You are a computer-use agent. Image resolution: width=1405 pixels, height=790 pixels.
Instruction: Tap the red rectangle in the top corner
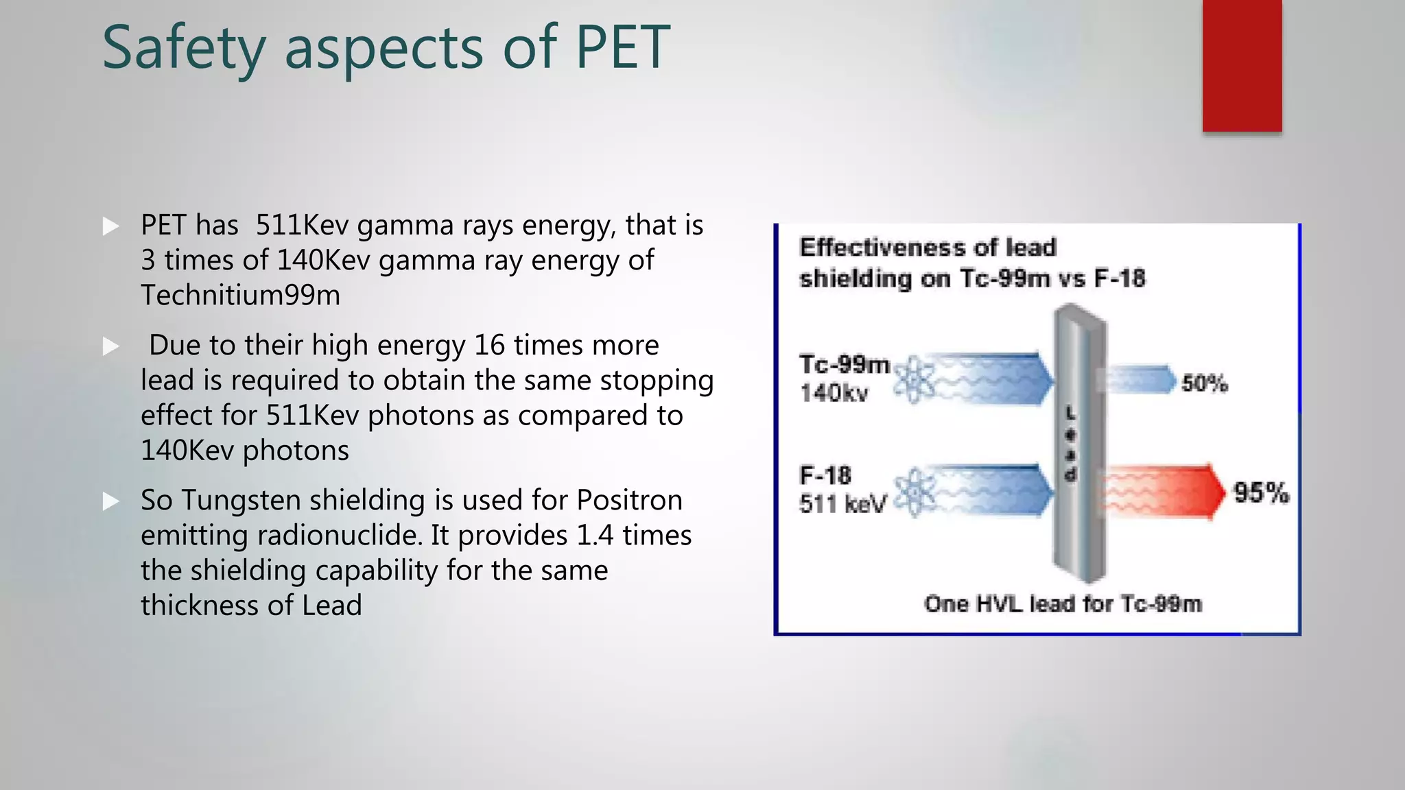pyautogui.click(x=1242, y=65)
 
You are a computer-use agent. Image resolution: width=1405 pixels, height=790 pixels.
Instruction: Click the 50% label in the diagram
pyautogui.click(x=1205, y=383)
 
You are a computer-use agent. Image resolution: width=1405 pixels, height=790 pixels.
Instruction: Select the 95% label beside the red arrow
pyautogui.click(x=1261, y=493)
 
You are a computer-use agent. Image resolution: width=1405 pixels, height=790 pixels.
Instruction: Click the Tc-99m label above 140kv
pyautogui.click(x=845, y=364)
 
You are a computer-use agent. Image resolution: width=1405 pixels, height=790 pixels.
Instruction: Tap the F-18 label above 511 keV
pyautogui.click(x=825, y=475)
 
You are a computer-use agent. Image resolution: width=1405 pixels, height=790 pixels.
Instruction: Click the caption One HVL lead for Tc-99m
pyautogui.click(x=1063, y=604)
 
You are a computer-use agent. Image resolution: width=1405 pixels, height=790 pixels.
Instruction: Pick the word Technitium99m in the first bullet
pyautogui.click(x=240, y=296)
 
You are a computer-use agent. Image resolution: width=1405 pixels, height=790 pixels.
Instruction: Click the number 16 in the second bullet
pyautogui.click(x=489, y=345)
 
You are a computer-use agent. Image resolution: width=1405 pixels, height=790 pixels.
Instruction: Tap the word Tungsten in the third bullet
pyautogui.click(x=241, y=501)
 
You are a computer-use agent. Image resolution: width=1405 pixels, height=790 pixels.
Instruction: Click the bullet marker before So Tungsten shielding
pyautogui.click(x=110, y=501)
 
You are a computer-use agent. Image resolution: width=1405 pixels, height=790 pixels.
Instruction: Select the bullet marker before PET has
pyautogui.click(x=110, y=226)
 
